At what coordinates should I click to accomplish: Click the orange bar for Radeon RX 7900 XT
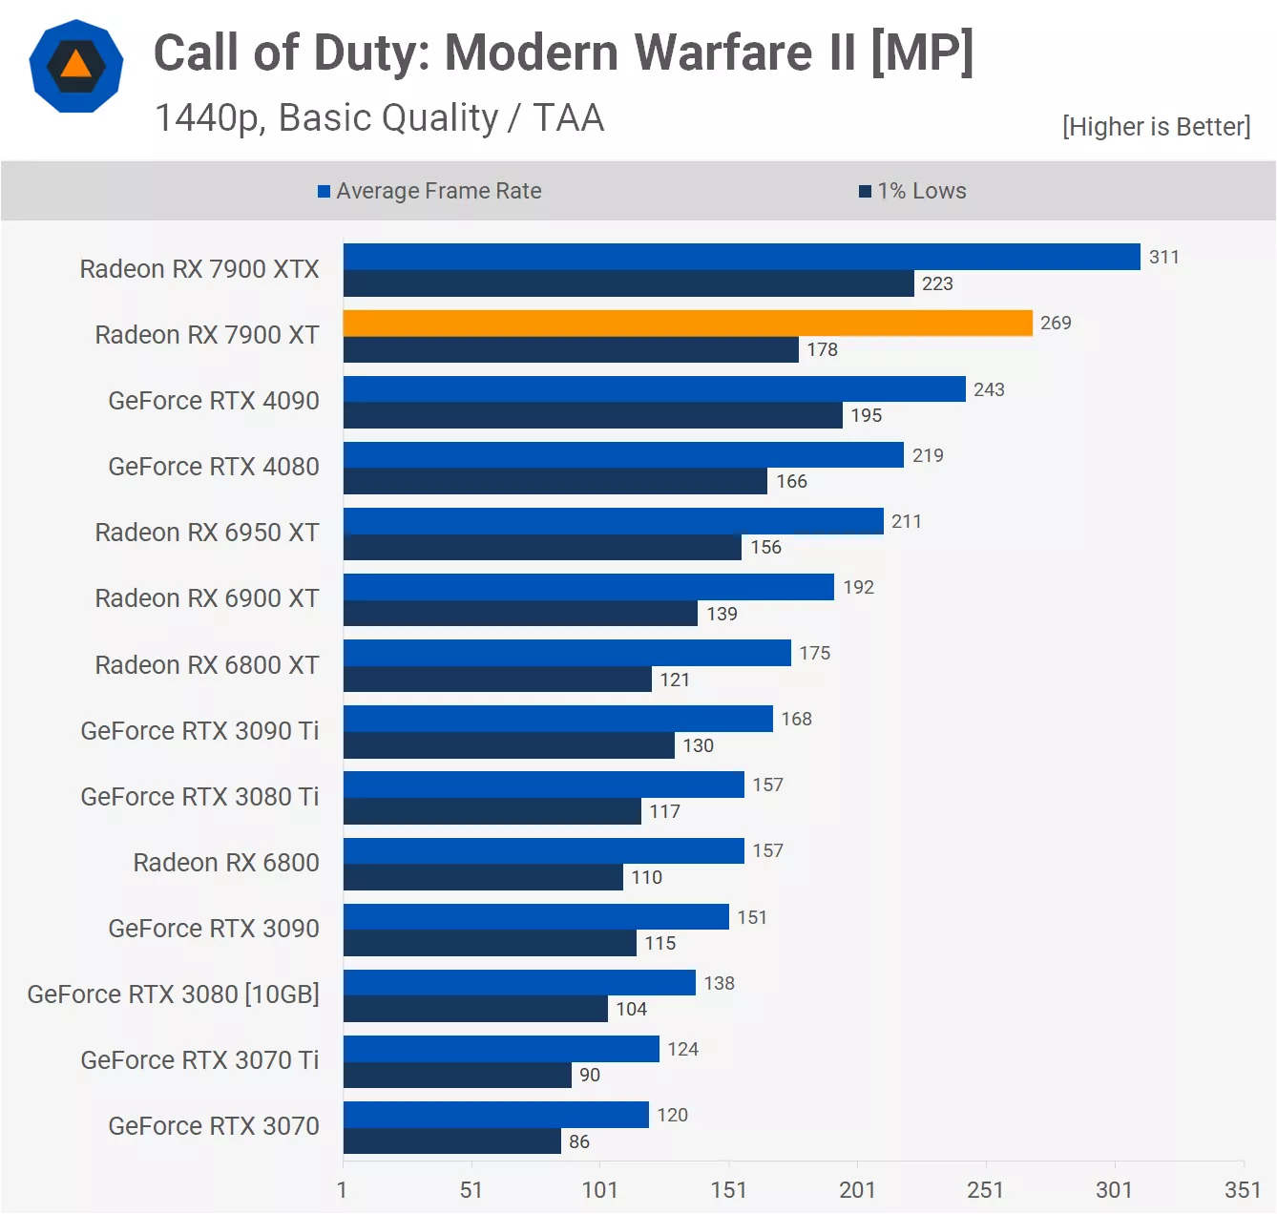pyautogui.click(x=687, y=324)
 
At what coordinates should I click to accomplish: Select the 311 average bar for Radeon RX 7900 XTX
pyautogui.click(x=742, y=257)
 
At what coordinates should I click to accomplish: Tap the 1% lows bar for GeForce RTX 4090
pyautogui.click(x=593, y=415)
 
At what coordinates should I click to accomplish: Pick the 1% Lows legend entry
pyautogui.click(x=913, y=191)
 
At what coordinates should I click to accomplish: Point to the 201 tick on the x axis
pyautogui.click(x=857, y=1189)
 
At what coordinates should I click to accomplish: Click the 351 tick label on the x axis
pyautogui.click(x=1243, y=1189)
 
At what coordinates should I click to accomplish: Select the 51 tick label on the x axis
pyautogui.click(x=471, y=1189)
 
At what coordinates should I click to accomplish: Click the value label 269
pyautogui.click(x=1056, y=324)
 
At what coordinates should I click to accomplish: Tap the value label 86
pyautogui.click(x=579, y=1141)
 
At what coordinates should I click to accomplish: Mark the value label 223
pyautogui.click(x=937, y=283)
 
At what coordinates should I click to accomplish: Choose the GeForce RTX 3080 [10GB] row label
pyautogui.click(x=173, y=994)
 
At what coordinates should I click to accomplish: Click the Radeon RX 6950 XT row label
pyautogui.click(x=207, y=533)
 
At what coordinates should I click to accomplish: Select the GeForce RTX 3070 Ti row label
pyautogui.click(x=199, y=1060)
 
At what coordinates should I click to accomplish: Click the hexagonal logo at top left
pyautogui.click(x=76, y=66)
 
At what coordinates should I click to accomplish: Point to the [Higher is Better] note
pyautogui.click(x=1156, y=127)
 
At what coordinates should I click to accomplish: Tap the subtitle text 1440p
pyautogui.click(x=210, y=118)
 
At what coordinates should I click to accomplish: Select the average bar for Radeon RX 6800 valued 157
pyautogui.click(x=544, y=851)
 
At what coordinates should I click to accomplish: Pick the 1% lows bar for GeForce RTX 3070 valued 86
pyautogui.click(x=452, y=1141)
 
